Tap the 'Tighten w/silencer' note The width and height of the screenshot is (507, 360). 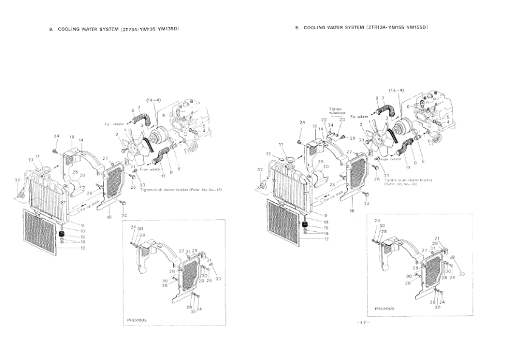(x=336, y=110)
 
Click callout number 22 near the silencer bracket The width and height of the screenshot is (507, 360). (x=324, y=121)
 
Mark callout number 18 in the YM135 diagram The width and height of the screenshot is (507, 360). (x=108, y=216)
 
